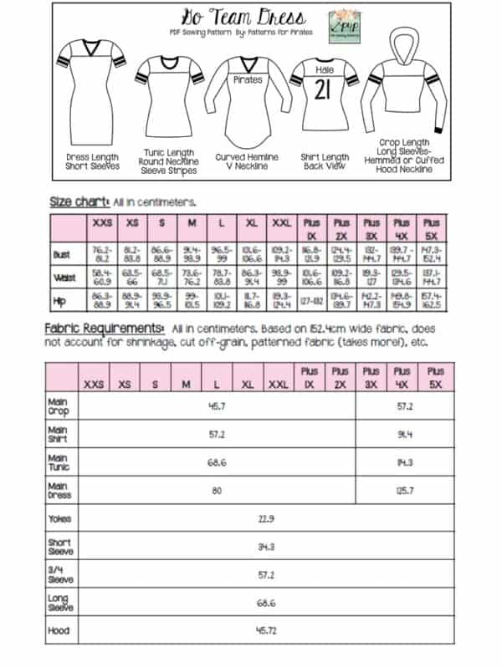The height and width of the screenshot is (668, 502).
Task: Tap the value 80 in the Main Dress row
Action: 217,490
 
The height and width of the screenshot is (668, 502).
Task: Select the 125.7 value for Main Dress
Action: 405,490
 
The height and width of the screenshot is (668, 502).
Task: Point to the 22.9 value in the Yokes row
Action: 267,519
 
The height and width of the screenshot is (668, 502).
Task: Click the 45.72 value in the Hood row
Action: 267,630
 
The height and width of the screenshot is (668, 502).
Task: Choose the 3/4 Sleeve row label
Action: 60,575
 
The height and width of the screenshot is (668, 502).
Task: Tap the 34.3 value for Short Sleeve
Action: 267,547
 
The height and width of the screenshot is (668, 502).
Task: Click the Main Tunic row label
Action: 59,461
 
